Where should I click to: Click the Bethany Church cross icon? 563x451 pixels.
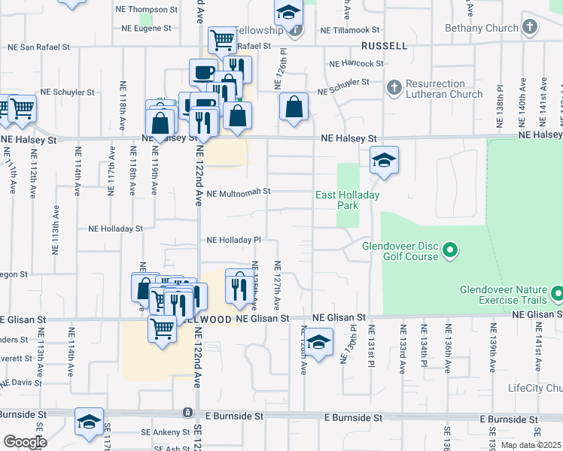530,28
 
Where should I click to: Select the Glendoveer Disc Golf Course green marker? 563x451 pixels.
451,250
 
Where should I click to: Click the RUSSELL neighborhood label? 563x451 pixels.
384,46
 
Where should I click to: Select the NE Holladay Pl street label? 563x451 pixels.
233,241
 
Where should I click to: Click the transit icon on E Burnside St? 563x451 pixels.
187,413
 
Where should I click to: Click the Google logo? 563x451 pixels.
24,442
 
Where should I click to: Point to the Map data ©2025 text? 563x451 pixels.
531,445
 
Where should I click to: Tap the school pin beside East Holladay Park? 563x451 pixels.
384,160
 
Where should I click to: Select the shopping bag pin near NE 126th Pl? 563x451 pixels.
294,106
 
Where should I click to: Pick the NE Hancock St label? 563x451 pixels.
357,64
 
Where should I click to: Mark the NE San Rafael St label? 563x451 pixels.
38,47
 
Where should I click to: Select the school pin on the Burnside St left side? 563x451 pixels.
89,422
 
